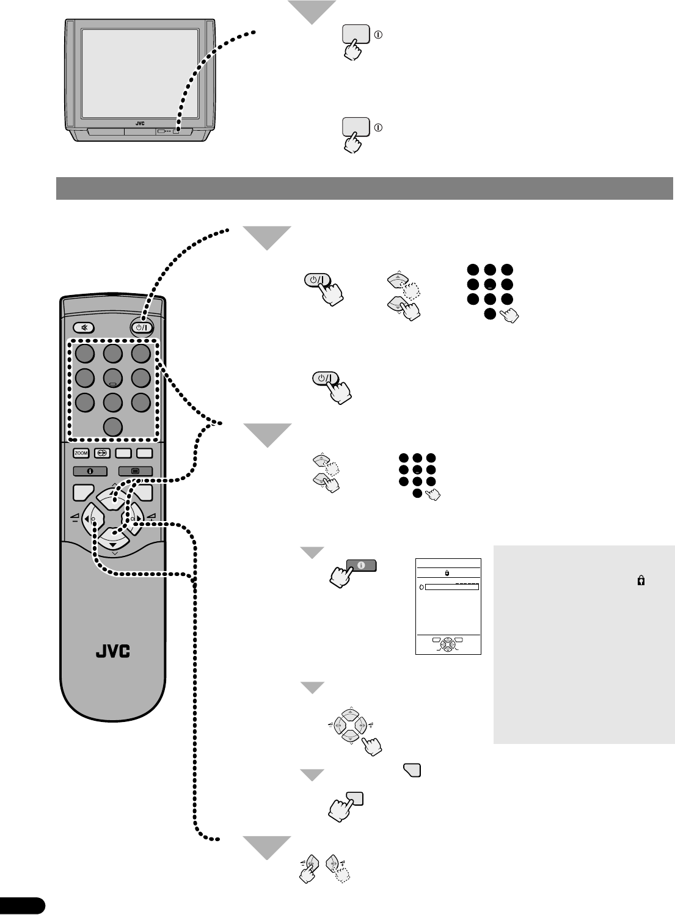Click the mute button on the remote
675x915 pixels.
click(84, 327)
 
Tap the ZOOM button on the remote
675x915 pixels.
click(81, 453)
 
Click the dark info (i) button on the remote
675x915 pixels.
click(90, 471)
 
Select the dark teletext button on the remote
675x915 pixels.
click(135, 471)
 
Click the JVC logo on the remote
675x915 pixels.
click(113, 651)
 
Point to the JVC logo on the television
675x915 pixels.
click(140, 123)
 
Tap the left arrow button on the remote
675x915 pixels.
click(92, 519)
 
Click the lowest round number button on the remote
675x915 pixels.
click(113, 427)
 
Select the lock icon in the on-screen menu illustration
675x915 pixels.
click(448, 574)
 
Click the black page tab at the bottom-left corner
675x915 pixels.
click(22, 905)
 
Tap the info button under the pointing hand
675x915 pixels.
click(361, 566)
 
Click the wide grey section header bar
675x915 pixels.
click(364, 188)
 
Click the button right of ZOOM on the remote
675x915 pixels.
click(101, 453)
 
